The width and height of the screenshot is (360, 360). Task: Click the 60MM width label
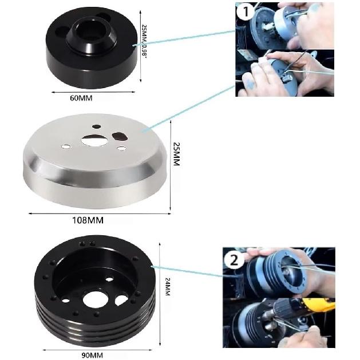click(81, 98)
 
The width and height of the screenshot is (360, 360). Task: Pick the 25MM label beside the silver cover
click(177, 154)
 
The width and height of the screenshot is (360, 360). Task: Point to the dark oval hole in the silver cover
click(120, 136)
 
